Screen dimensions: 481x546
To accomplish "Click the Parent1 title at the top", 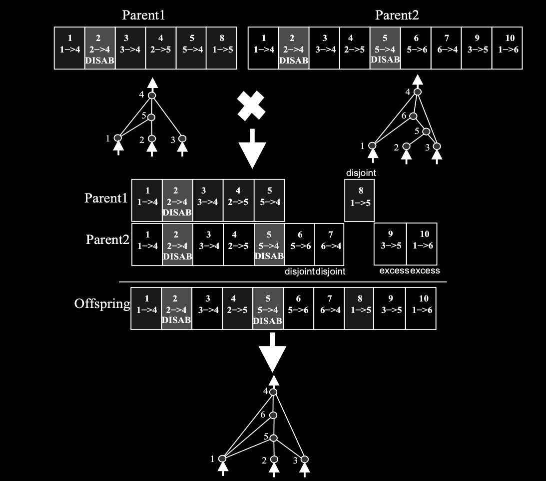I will coord(143,15).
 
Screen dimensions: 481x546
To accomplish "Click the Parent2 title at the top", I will coord(397,15).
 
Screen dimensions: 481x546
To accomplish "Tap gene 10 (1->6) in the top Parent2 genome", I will coord(507,48).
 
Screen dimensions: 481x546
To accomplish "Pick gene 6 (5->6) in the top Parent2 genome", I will coord(416,48).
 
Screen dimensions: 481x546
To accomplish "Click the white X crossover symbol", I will coord(251,106).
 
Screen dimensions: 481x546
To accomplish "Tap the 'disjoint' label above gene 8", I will coord(361,173).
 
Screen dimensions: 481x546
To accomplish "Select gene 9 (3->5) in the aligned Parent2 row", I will coord(390,244).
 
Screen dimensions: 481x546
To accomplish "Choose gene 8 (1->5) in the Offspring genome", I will coord(360,308).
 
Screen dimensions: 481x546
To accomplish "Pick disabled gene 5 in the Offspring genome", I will coord(268,308).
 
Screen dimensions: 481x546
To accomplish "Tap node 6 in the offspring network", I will coord(273,415).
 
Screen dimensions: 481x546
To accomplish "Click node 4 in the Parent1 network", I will coord(152,95).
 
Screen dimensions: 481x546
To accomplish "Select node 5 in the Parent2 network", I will coord(426,131).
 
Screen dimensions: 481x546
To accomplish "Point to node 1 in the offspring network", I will coord(223,458).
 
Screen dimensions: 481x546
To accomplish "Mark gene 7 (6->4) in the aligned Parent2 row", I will coord(329,244).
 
